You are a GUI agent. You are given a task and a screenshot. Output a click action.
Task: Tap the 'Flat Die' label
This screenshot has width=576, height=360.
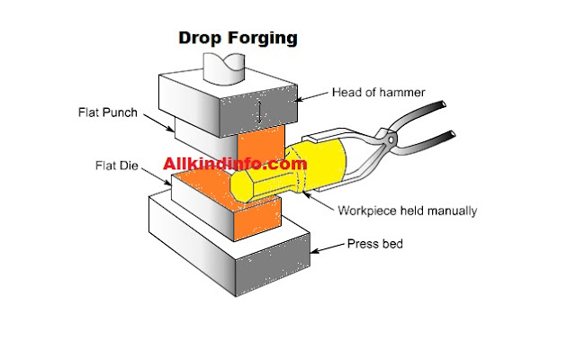(x=115, y=166)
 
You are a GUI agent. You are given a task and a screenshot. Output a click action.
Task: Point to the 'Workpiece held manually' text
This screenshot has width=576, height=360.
(x=407, y=211)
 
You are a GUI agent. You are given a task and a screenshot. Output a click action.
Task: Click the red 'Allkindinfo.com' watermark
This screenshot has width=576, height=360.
(x=236, y=164)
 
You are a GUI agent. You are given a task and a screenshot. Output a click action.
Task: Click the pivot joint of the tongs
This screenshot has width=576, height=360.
(x=389, y=139)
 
